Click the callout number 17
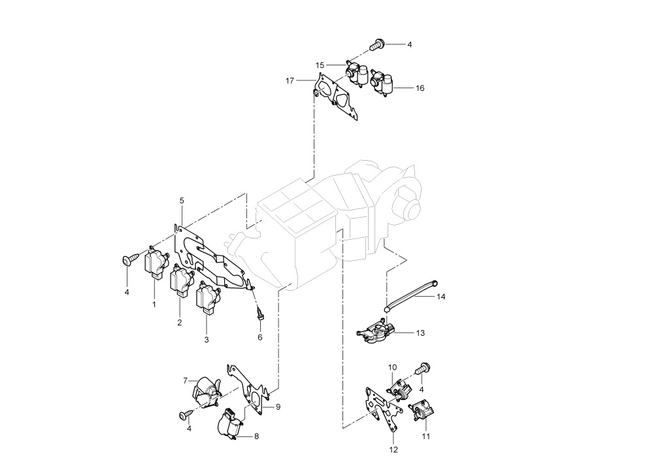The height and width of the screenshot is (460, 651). (290, 81)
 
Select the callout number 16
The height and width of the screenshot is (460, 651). (420, 88)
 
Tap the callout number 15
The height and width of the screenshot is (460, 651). (320, 65)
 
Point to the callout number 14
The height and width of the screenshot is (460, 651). (441, 297)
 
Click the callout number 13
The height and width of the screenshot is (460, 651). (420, 333)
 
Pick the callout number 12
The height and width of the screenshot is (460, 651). (393, 450)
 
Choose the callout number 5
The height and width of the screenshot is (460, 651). (182, 201)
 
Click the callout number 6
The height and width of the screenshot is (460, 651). (260, 338)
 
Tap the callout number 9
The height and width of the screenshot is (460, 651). (278, 407)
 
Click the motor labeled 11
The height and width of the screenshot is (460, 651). (420, 410)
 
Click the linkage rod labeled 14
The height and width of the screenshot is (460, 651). (410, 295)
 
